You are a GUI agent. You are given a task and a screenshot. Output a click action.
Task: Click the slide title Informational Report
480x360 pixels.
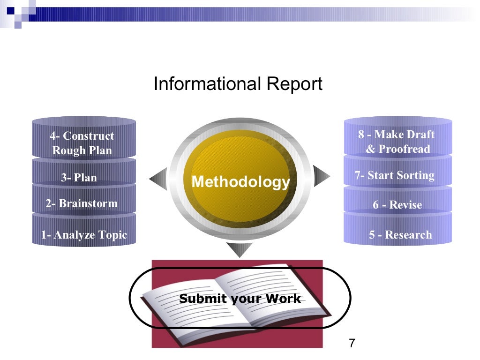click(238, 84)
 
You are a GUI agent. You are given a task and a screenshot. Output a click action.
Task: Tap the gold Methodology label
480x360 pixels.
click(241, 181)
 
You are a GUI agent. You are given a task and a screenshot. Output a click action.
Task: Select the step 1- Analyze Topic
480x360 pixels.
click(84, 234)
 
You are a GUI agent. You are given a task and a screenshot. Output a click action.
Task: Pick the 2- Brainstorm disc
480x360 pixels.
click(82, 203)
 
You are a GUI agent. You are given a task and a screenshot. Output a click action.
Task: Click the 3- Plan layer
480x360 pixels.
click(79, 178)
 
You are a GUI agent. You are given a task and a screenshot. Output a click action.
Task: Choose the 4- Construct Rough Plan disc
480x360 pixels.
click(82, 143)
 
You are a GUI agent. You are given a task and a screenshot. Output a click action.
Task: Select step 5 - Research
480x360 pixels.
click(400, 234)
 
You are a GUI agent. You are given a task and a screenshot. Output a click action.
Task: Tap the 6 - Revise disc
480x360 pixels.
click(397, 205)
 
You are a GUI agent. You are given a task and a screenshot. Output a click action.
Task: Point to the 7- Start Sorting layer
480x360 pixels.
click(395, 176)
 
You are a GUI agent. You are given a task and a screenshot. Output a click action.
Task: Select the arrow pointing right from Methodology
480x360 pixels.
click(321, 176)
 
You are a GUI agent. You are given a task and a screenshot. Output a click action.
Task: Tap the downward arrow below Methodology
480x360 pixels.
click(239, 249)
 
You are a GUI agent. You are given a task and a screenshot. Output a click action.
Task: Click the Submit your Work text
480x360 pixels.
click(240, 299)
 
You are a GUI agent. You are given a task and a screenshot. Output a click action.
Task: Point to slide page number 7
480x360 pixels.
click(352, 343)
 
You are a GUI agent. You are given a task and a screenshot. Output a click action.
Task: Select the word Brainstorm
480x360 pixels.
click(88, 203)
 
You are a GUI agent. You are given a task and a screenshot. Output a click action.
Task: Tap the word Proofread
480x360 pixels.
click(404, 149)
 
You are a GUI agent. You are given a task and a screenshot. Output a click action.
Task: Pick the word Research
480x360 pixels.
click(408, 234)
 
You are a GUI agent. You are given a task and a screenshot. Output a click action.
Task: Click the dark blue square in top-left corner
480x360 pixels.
click(11, 11)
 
